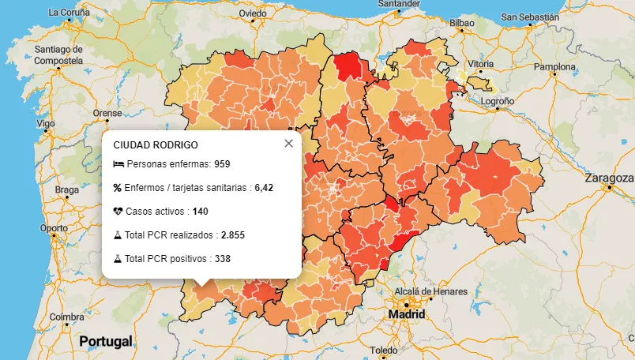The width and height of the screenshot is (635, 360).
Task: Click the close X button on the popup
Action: point(288,143)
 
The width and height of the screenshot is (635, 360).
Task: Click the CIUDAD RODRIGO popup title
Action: point(156,145)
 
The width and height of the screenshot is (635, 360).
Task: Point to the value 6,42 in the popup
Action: point(263,188)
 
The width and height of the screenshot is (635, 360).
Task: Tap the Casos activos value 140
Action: point(200,212)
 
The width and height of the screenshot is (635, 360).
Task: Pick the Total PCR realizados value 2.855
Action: point(235,235)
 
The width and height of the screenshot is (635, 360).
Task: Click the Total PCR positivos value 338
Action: point(222,258)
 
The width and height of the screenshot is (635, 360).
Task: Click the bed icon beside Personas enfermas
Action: point(118,164)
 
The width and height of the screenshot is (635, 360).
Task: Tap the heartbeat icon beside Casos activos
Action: point(118,212)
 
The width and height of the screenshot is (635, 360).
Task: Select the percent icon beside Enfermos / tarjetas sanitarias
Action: point(118,188)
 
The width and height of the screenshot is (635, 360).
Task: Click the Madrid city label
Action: point(406,314)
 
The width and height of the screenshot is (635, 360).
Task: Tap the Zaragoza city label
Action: point(609,178)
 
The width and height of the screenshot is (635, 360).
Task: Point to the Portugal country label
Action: point(105,342)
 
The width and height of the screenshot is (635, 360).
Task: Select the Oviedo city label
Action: point(253,13)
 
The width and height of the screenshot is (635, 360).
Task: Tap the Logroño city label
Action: point(498,101)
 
